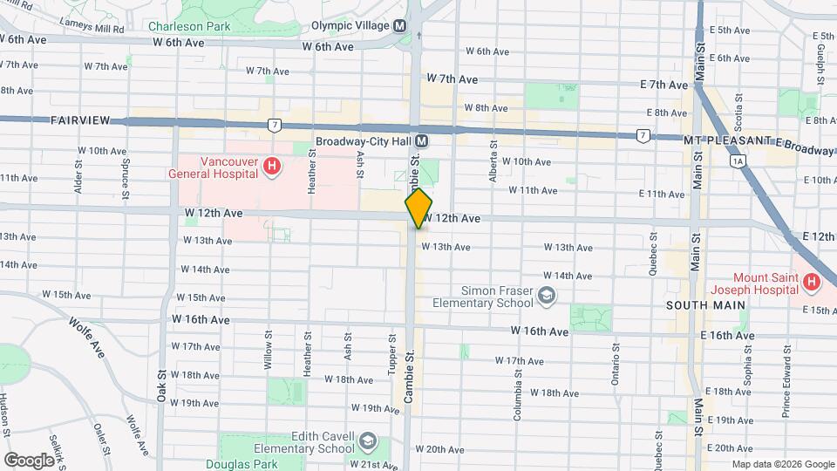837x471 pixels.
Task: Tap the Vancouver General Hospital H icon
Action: [x=272, y=166]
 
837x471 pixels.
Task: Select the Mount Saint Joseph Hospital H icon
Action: [x=812, y=282]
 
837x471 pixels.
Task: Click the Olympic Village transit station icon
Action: [x=399, y=26]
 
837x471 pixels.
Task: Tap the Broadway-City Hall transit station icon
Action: [x=421, y=140]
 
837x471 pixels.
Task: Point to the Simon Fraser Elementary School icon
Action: [x=546, y=296]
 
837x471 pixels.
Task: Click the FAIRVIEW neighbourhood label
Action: [x=78, y=119]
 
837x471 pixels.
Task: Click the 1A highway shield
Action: [x=739, y=161]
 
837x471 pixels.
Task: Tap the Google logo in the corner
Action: [x=29, y=460]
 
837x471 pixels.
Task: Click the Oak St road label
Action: [x=162, y=384]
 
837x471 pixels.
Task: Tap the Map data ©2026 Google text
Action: [x=782, y=464]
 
